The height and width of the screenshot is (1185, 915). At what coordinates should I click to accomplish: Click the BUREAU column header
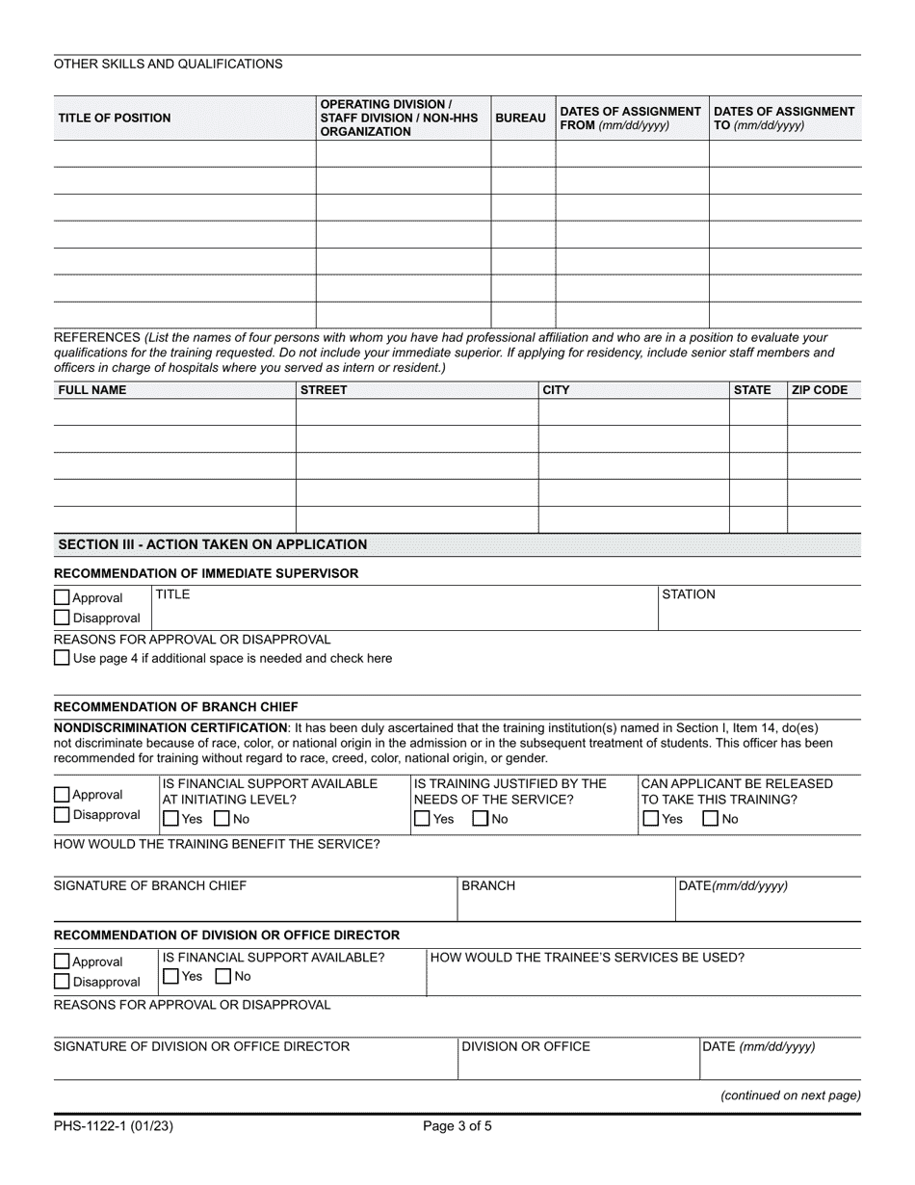click(520, 118)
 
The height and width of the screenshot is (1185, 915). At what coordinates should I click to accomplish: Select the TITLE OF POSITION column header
click(115, 118)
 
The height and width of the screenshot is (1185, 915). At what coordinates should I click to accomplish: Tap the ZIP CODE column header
click(819, 390)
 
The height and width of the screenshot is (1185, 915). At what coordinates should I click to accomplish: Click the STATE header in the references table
click(752, 390)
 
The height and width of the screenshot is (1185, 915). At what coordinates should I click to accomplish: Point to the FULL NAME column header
click(92, 390)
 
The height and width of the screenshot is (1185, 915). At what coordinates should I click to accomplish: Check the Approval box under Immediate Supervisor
click(63, 598)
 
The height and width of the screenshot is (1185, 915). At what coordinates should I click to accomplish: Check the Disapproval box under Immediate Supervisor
click(63, 618)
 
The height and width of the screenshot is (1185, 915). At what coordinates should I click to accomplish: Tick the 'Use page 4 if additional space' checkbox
click(63, 658)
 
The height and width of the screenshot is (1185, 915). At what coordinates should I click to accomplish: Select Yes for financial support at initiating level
click(170, 819)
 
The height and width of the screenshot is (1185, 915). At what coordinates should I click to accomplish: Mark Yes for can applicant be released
click(651, 819)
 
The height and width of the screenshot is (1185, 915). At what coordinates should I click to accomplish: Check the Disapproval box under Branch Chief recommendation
click(63, 815)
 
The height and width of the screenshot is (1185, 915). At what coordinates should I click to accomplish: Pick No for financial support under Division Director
click(223, 976)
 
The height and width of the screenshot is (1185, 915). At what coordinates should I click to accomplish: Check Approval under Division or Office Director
click(63, 961)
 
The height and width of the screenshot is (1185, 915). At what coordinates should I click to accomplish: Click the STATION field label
click(689, 594)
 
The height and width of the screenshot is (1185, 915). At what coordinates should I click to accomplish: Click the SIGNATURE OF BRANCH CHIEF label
click(150, 886)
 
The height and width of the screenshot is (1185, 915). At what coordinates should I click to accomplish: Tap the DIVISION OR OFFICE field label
click(526, 1046)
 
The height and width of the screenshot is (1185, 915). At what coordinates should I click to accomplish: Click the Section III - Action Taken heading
click(213, 544)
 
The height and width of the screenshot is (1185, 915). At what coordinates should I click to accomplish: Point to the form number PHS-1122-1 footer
click(114, 1124)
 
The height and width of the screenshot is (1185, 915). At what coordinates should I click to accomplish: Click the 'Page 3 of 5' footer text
click(457, 1124)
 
